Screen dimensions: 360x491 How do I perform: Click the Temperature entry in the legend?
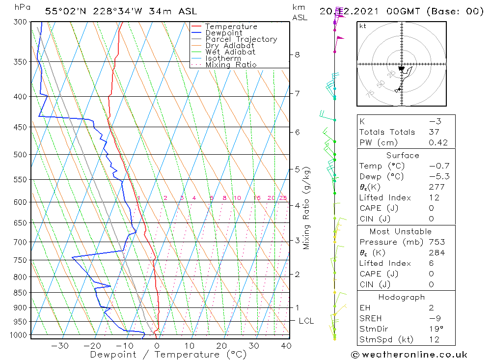(231, 27)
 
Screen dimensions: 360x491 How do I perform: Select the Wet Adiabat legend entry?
(230, 52)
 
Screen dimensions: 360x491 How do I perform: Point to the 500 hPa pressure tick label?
(21, 154)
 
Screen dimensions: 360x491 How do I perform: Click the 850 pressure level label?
(21, 293)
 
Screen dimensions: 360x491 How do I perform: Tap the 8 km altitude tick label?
(297, 55)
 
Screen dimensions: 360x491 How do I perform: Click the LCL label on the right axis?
(306, 321)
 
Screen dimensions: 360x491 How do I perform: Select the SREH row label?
(371, 318)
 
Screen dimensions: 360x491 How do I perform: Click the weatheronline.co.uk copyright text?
(409, 355)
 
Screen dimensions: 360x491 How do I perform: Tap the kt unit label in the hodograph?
(363, 26)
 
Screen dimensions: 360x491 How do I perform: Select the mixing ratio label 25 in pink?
(283, 198)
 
